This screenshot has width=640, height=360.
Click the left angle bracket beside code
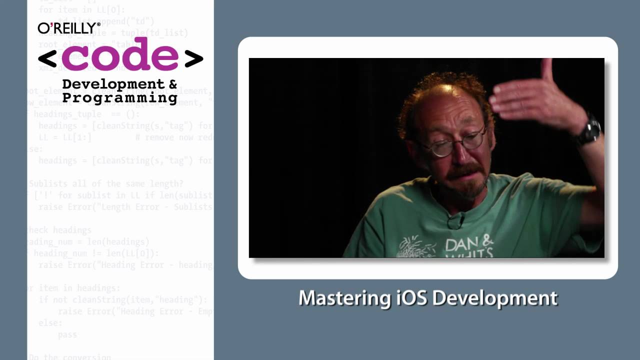click(47, 58)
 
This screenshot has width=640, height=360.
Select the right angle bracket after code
click(193, 58)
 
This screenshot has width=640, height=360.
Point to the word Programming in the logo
click(119, 97)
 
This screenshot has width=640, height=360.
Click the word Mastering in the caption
click(344, 298)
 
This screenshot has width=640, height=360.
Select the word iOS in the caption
click(411, 298)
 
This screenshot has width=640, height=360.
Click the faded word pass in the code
click(67, 334)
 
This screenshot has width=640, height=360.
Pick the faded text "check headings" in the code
click(60, 230)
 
